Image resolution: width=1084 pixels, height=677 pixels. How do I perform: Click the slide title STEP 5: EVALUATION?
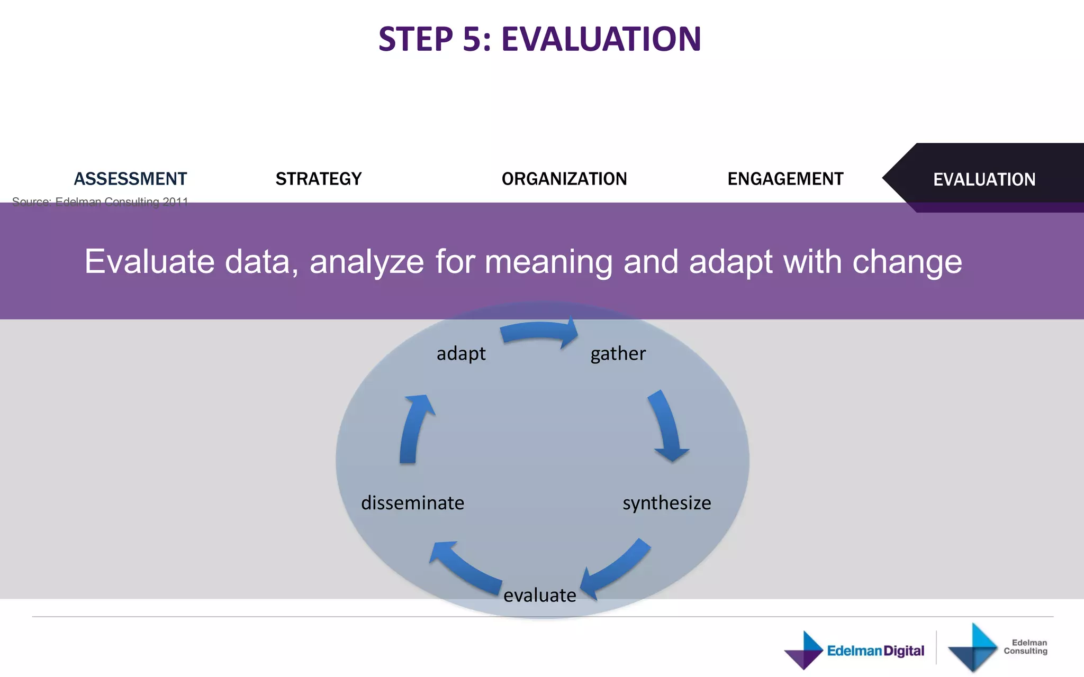point(540,39)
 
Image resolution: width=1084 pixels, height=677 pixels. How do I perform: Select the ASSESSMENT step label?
point(130,179)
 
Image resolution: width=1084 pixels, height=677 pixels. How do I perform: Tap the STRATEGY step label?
point(319,179)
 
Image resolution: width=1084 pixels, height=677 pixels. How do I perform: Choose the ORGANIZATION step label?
point(564,179)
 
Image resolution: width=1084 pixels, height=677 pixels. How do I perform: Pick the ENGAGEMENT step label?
point(785,179)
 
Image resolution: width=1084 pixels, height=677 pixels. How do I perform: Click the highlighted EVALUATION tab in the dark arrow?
point(984,179)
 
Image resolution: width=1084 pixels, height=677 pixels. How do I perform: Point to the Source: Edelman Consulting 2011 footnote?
point(100,202)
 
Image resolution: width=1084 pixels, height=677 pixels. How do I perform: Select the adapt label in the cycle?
point(461,353)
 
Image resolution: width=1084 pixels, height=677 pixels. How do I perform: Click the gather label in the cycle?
point(618,353)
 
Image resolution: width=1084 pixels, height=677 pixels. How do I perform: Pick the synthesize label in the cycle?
point(666,502)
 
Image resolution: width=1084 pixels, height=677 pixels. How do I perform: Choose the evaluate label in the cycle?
point(539,595)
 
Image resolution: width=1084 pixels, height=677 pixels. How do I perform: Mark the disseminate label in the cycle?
point(412,502)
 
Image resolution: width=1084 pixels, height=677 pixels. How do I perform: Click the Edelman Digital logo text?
point(875,651)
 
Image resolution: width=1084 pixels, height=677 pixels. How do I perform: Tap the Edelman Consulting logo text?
point(1025,646)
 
